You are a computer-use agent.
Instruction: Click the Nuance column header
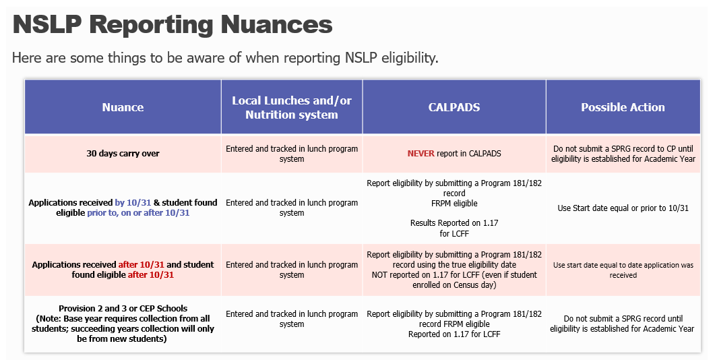click(x=123, y=107)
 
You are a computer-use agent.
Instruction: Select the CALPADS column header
click(x=454, y=107)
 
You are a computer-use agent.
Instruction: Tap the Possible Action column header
click(x=623, y=107)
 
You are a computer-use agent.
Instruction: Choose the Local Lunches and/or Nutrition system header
click(x=292, y=107)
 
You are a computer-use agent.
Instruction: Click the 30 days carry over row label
click(x=123, y=154)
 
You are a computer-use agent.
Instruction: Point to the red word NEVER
click(x=421, y=154)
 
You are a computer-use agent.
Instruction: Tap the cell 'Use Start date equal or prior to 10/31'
click(x=623, y=208)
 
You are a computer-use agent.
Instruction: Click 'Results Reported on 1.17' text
click(x=454, y=223)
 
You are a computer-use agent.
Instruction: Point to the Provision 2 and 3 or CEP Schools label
click(x=123, y=309)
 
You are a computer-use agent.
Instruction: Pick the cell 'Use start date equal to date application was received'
click(x=623, y=270)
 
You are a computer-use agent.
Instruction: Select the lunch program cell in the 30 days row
click(x=292, y=154)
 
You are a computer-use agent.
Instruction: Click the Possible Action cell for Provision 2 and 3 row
click(x=623, y=324)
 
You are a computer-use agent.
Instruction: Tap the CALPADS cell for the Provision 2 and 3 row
click(x=454, y=324)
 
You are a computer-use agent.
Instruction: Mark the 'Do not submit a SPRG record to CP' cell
click(x=623, y=154)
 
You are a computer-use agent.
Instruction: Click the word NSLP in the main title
click(x=48, y=25)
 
